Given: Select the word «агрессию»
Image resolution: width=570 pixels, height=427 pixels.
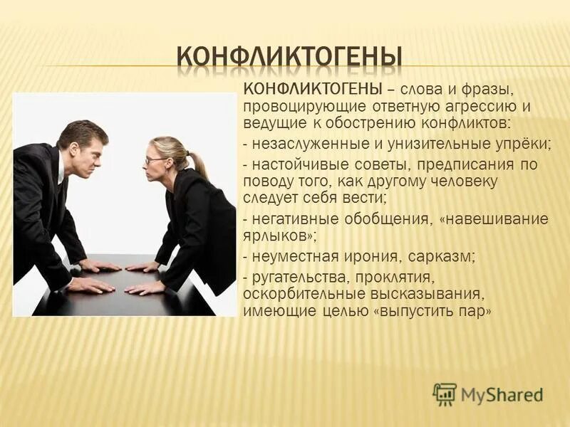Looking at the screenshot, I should [x=490, y=107].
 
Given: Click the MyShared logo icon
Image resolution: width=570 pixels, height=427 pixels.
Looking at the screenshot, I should [x=445, y=393].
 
